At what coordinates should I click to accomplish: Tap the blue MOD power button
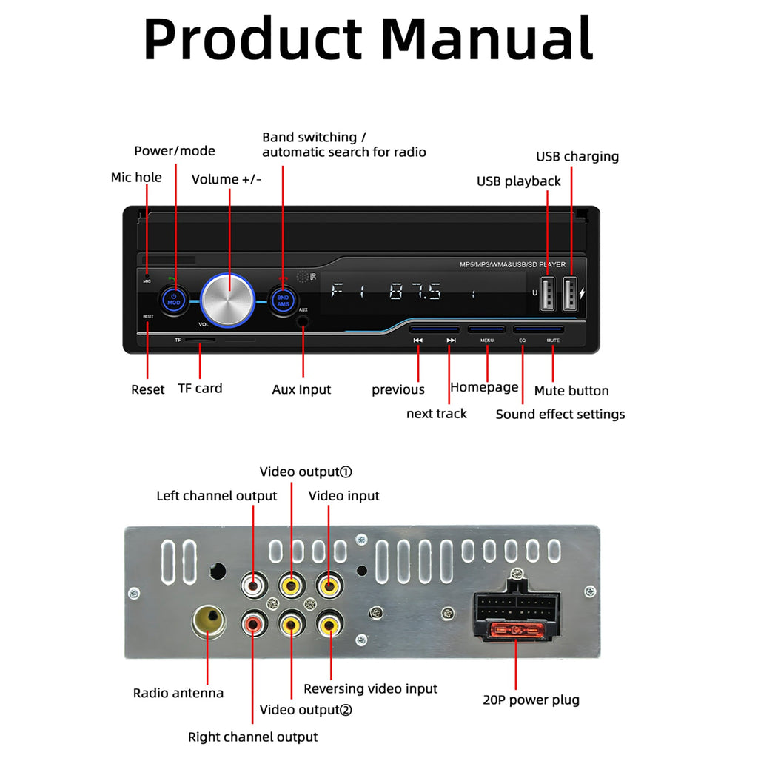click(174, 300)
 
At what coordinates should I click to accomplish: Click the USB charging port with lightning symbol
click(570, 294)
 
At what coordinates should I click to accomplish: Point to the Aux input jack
click(303, 322)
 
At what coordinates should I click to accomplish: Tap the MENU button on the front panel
click(486, 329)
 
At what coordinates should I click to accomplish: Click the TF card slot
click(200, 341)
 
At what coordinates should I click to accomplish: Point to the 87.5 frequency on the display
click(415, 292)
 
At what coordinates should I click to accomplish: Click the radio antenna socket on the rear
click(208, 620)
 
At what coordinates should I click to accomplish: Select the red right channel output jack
click(253, 625)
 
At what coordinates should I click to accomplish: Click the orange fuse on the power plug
click(515, 631)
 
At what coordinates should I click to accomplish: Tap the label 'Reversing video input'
click(370, 688)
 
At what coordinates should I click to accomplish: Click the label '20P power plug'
click(531, 700)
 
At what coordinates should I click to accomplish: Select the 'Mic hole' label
click(136, 177)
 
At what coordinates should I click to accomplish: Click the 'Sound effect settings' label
click(560, 414)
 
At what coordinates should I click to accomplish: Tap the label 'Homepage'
click(484, 387)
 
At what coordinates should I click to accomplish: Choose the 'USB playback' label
click(518, 181)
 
